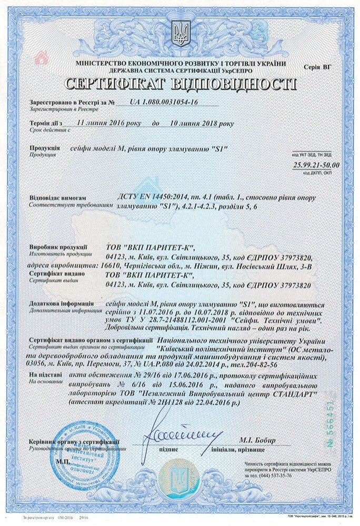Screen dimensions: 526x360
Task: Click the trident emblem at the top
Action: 180,33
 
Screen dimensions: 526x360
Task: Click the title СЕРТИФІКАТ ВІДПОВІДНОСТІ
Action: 180,84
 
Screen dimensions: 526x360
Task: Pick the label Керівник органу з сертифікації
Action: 74,441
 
